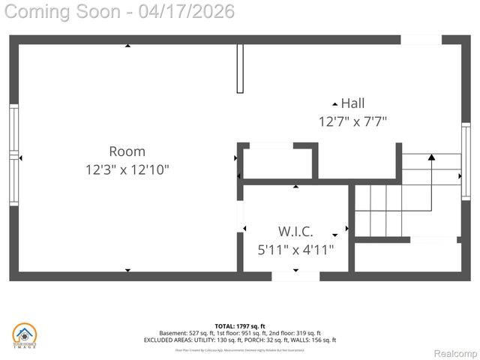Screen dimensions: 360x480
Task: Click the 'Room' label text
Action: tap(127, 151)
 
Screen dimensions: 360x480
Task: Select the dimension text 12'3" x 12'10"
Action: tap(127, 170)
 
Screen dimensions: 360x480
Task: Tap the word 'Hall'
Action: tap(352, 103)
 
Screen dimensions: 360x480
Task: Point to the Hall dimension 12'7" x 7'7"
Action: tap(352, 121)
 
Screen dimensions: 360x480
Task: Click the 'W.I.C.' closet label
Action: tap(295, 231)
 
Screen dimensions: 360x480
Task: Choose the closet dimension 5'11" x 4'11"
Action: tap(295, 248)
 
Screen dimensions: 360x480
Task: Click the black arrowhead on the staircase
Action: tap(431, 157)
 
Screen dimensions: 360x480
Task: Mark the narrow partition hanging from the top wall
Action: tap(240, 68)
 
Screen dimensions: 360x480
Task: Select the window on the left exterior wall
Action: tap(13, 155)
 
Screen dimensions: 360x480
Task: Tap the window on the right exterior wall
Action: tap(465, 154)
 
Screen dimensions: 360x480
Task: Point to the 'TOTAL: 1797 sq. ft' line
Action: tap(240, 326)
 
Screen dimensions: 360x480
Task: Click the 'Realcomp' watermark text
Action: tap(456, 353)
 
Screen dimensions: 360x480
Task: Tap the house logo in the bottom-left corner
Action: tap(24, 335)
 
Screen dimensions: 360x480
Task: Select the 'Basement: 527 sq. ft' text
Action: tap(185, 333)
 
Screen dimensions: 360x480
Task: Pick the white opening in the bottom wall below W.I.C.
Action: tap(295, 276)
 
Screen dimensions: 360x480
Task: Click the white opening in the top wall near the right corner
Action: tap(421, 40)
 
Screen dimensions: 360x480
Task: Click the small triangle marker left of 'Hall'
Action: tap(334, 103)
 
